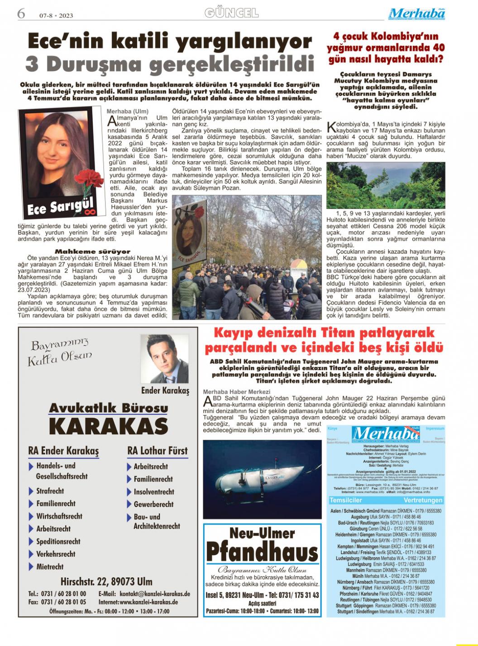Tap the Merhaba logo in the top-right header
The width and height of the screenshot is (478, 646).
[x=416, y=14]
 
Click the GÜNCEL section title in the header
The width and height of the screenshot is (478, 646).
[x=232, y=13]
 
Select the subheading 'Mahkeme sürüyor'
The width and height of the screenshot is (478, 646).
[x=92, y=251]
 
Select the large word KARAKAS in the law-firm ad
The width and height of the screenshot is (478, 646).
[x=108, y=426]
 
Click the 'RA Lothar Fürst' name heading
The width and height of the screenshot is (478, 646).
[x=158, y=451]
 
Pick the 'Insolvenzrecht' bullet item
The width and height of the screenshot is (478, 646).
[x=154, y=492]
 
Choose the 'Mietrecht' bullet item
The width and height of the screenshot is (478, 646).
[x=50, y=567]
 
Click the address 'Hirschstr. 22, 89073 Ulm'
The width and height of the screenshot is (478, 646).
[x=106, y=582]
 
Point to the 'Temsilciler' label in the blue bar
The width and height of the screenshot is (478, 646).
[x=346, y=500]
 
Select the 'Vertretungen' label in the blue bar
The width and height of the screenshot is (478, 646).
[x=423, y=500]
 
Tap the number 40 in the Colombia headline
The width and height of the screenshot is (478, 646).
[x=439, y=47]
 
